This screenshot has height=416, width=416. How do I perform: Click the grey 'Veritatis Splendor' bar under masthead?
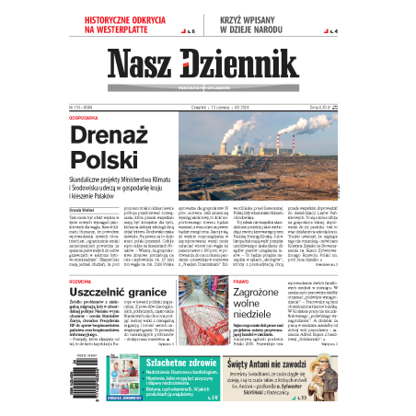[208, 82]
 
